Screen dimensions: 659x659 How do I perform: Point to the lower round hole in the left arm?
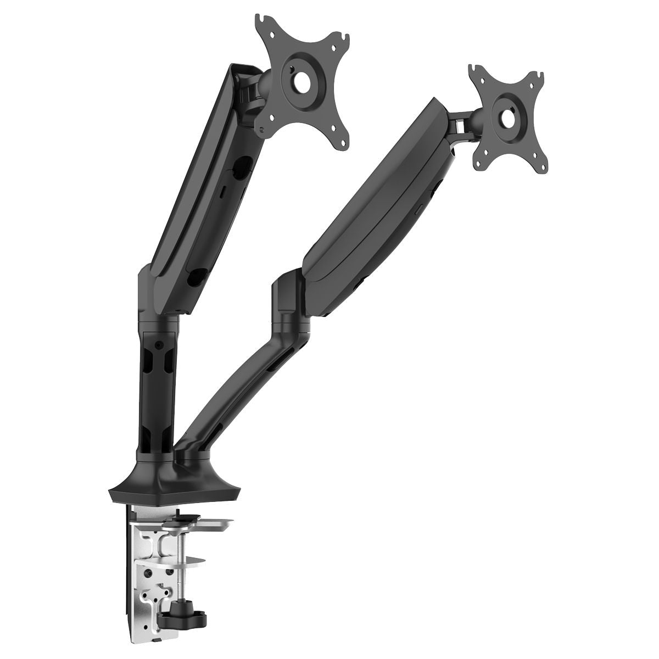pos(196,277)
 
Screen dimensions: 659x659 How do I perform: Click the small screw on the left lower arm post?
pos(159,346)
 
